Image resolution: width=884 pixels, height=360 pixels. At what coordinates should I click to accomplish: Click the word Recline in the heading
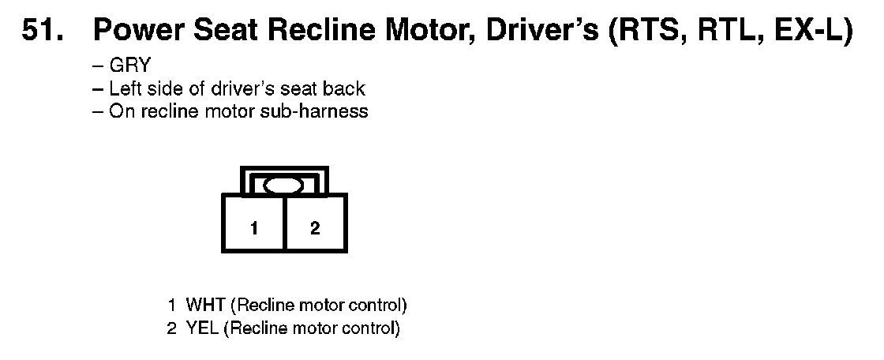[x=321, y=31]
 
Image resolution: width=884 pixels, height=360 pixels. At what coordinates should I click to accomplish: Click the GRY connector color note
[x=130, y=66]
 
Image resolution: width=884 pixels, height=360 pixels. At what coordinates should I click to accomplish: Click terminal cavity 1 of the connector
[x=254, y=223]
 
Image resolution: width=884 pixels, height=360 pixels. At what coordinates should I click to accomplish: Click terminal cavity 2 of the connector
[x=316, y=223]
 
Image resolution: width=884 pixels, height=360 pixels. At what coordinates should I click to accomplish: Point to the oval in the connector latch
[x=283, y=185]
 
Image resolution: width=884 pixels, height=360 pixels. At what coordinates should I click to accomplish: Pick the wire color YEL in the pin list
[x=202, y=328]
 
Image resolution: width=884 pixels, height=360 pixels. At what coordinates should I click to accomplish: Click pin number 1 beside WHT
[x=172, y=306]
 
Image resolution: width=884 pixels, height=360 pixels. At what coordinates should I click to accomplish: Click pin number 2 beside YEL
[x=172, y=328]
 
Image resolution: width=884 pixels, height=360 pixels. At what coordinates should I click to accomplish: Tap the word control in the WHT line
[x=375, y=306]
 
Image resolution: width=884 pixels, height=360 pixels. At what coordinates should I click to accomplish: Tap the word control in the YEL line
[x=369, y=328]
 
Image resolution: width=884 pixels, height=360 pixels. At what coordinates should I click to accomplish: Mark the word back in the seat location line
[x=344, y=88]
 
